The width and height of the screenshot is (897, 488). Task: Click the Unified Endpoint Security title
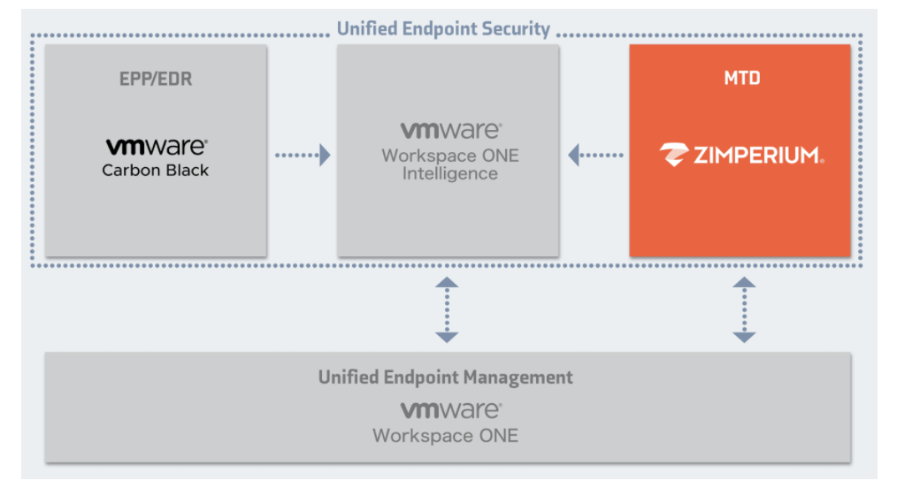coord(443,29)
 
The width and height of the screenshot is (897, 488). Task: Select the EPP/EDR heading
coord(156,80)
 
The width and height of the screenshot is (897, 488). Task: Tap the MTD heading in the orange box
coord(741,79)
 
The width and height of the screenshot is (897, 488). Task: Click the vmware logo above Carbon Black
coord(156,147)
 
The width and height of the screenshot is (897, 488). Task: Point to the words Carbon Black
coord(156,170)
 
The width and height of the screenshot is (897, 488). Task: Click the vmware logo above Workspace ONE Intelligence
coord(450,131)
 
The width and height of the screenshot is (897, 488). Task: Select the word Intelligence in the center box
coord(450,173)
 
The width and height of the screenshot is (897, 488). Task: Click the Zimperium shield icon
coord(675,156)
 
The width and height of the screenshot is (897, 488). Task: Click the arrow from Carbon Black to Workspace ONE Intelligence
coord(303,156)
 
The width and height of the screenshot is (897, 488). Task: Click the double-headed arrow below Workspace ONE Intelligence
coord(447,309)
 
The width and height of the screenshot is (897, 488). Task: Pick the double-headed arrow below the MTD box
coord(744,309)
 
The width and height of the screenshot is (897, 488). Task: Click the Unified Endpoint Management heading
coord(445,377)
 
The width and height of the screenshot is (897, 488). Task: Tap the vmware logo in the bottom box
coord(450,410)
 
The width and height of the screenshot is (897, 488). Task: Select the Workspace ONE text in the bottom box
coord(445,435)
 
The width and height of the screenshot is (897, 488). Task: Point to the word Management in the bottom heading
coord(524,377)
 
